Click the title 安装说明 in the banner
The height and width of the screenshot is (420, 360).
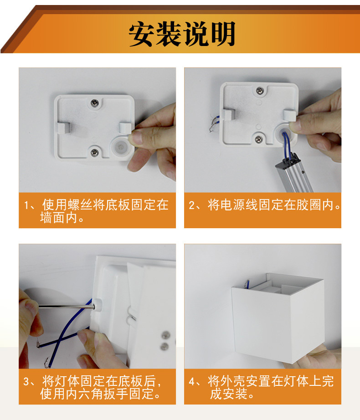181,34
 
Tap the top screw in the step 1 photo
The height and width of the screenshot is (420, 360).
95,103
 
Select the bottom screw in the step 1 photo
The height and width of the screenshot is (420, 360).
95,152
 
